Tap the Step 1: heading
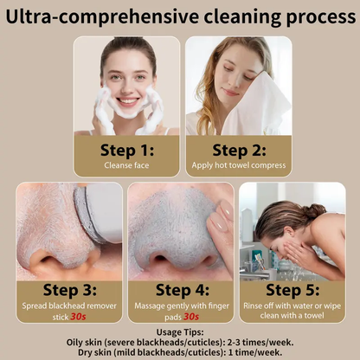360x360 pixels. coord(126,151)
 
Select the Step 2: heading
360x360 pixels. coord(238,151)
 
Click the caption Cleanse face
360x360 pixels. coord(126,166)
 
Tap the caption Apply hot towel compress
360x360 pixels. coord(238,166)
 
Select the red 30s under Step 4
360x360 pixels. coord(190,317)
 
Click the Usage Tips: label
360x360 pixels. coord(180,331)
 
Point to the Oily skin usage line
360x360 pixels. coord(180,341)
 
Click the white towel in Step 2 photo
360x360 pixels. coord(260,108)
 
